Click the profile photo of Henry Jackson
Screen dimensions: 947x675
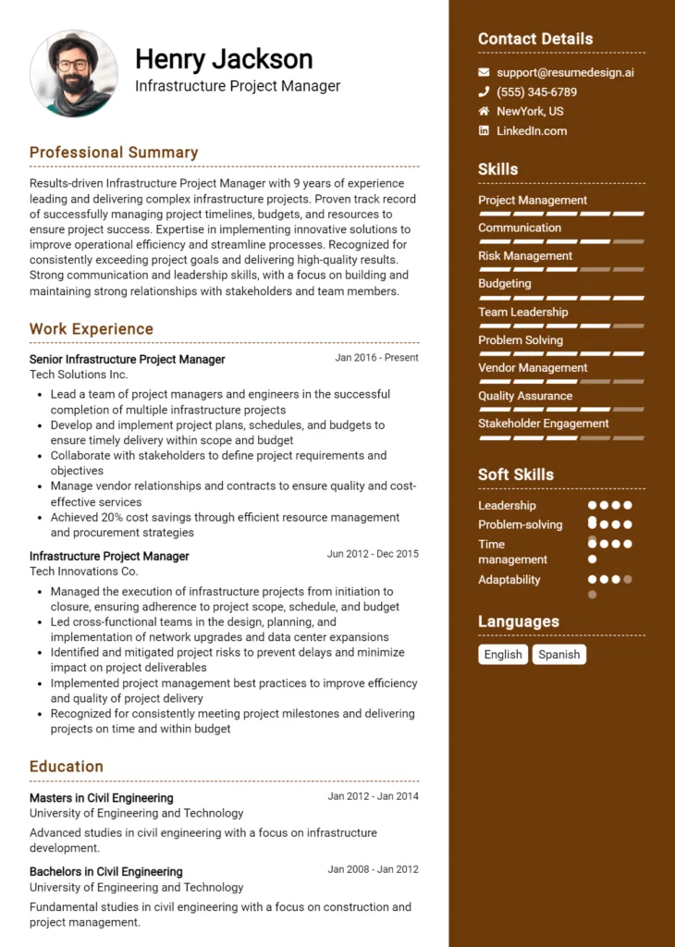[73, 73]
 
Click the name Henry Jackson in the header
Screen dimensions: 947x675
[224, 59]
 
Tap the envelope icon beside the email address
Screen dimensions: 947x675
[484, 72]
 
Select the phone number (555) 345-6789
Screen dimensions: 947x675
[536, 92]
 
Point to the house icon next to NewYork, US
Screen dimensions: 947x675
[484, 111]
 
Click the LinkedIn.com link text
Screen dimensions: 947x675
[532, 130]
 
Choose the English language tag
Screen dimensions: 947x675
[503, 654]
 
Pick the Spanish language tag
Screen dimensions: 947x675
[559, 654]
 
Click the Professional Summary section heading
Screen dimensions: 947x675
[114, 153]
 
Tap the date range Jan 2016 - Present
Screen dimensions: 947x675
[376, 358]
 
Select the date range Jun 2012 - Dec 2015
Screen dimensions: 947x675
[373, 554]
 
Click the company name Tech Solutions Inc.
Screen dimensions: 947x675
[79, 375]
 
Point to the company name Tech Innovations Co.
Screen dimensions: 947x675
[83, 572]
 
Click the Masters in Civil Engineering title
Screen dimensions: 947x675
[101, 797]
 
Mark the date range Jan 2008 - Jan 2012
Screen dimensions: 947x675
[373, 869]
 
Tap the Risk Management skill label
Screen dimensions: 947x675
[525, 256]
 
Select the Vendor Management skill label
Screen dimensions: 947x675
[533, 368]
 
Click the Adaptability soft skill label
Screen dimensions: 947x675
[509, 580]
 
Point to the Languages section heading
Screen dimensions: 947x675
[519, 621]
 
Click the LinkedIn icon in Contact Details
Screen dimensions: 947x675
[484, 130]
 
